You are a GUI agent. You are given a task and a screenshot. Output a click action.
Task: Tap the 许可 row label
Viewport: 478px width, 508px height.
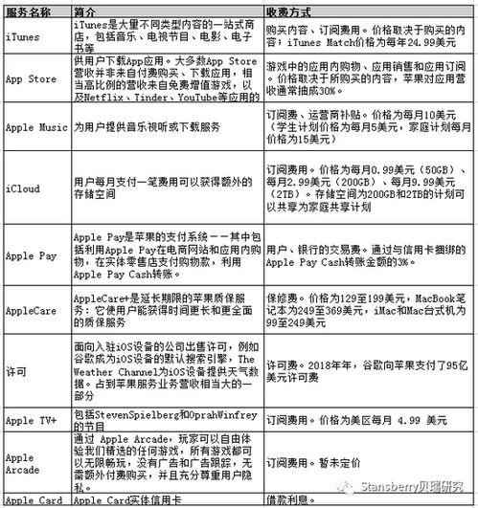(x=16, y=368)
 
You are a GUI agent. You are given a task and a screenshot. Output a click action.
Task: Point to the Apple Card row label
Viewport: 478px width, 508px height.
(x=31, y=500)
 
